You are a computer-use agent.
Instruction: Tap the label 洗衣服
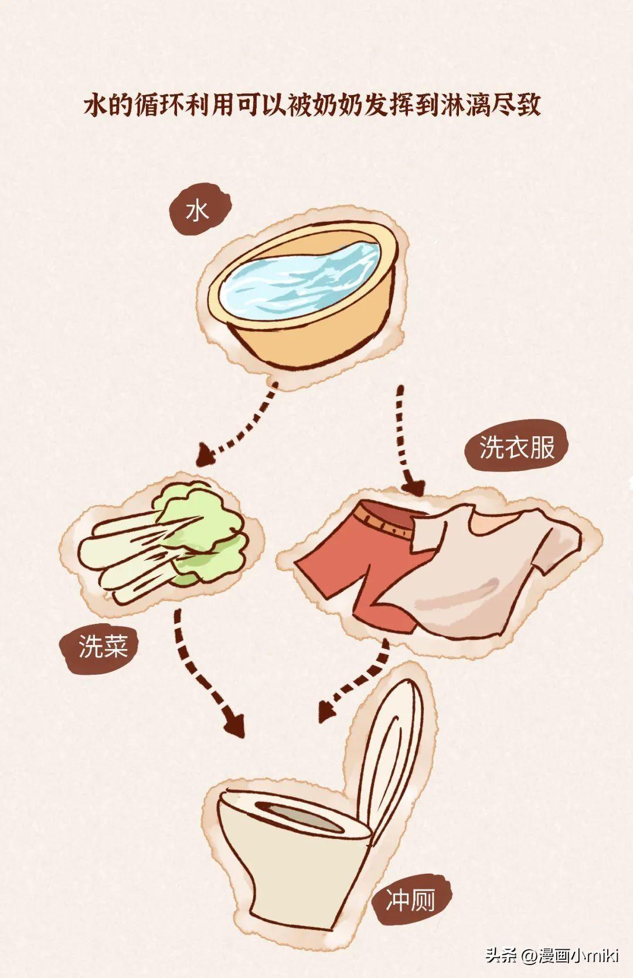click(x=517, y=447)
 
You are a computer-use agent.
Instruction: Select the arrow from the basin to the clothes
click(x=406, y=441)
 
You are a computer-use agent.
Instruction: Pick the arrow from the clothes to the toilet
click(x=358, y=681)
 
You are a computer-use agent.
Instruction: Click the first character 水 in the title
click(x=96, y=105)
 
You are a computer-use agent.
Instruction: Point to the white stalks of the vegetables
click(x=131, y=555)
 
